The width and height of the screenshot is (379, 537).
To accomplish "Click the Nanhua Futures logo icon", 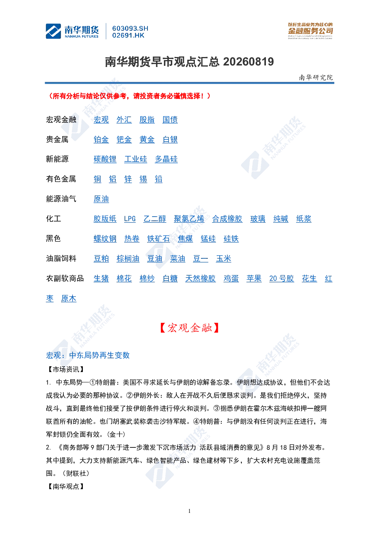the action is tap(53, 31).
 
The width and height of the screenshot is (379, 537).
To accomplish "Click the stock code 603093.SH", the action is tap(130, 28).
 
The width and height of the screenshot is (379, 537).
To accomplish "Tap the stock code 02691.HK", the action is tap(128, 36).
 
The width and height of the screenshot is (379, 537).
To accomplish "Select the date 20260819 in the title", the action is tap(248, 62).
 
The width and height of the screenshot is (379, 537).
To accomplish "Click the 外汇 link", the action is tap(124, 120).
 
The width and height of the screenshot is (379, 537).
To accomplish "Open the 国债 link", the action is tap(170, 120).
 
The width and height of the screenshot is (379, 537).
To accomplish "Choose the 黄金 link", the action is tap(147, 140).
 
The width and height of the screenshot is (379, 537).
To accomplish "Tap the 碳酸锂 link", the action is tap(105, 159).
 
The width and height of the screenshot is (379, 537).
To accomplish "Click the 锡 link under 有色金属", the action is tap(143, 179).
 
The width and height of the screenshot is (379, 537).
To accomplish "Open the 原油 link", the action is tap(101, 199).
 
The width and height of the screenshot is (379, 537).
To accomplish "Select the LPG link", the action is tap(130, 219).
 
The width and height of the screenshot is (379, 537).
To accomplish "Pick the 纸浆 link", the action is tap(304, 219).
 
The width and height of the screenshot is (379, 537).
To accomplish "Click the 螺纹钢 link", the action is tap(105, 239).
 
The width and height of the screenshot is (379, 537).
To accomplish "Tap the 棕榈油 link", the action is tap(128, 259).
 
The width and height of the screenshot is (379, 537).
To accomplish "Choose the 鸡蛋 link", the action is tap(231, 279).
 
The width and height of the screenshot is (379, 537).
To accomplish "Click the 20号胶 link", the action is tap(281, 279).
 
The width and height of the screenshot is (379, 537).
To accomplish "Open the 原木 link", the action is tap(68, 299).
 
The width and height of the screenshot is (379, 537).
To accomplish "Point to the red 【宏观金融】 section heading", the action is tap(189, 328).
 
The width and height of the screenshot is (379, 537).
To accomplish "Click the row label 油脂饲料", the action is tap(61, 258).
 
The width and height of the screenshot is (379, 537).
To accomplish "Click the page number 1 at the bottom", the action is tap(189, 511).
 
